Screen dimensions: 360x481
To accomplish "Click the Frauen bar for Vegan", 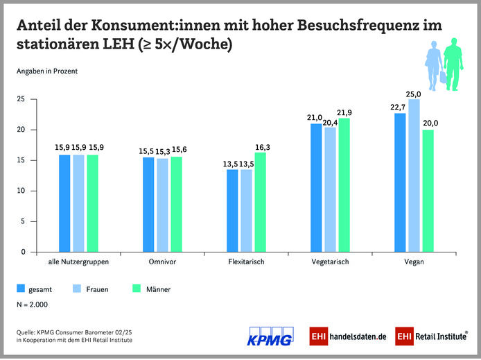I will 414,175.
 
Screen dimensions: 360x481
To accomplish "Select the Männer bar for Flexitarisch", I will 261,202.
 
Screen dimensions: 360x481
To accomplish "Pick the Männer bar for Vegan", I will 428,191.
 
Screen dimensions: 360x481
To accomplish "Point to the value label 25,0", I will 414,94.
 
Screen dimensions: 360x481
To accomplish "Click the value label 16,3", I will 263,147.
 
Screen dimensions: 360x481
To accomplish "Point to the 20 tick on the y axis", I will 21,130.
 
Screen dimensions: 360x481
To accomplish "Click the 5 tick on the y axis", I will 23,221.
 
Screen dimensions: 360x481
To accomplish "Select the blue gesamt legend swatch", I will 21,288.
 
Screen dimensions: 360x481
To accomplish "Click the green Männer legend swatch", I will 134,288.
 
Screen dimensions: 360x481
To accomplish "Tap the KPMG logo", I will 270,334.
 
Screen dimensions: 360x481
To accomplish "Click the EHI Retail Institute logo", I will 430,336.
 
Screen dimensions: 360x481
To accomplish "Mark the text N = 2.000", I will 33,304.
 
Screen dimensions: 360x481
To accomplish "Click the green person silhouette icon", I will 453,64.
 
